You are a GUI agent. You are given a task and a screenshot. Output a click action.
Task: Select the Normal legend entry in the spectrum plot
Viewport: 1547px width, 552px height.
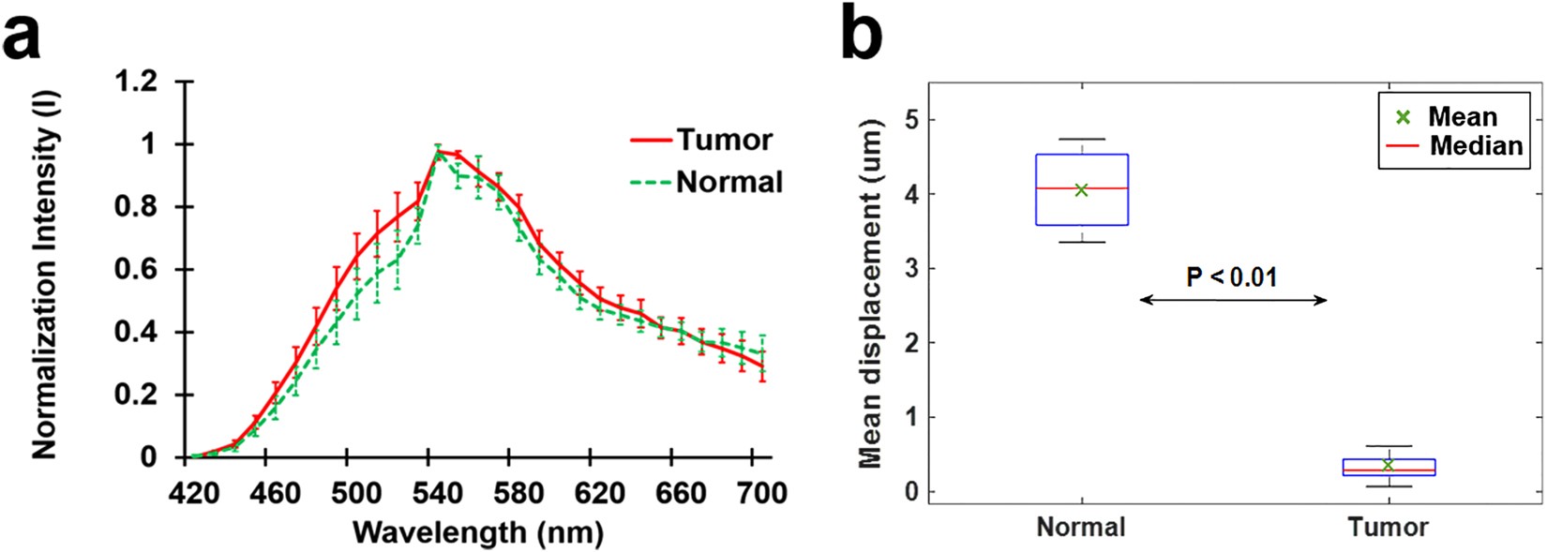click(x=728, y=182)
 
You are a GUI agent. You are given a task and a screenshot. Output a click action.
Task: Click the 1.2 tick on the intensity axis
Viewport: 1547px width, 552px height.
click(x=137, y=82)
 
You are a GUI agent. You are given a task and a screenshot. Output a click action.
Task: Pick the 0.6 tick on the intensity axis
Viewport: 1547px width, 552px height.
click(x=137, y=270)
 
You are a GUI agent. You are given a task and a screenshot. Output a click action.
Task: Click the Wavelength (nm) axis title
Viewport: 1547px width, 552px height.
click(x=478, y=532)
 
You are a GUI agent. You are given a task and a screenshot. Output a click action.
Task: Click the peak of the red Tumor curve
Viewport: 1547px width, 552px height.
click(x=438, y=151)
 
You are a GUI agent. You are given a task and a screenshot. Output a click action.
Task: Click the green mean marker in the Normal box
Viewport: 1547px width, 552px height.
click(x=1081, y=189)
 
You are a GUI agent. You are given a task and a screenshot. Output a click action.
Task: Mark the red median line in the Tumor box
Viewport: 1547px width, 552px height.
click(x=1389, y=470)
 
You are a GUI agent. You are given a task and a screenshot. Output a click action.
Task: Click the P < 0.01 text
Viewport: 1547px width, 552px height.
click(x=1231, y=276)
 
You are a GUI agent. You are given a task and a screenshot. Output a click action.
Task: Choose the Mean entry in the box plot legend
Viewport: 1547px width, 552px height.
click(x=1461, y=117)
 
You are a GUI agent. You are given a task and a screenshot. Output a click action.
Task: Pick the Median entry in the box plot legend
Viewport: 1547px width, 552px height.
click(x=1475, y=146)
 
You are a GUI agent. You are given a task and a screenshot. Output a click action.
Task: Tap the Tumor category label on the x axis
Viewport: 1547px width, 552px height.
click(x=1388, y=528)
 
